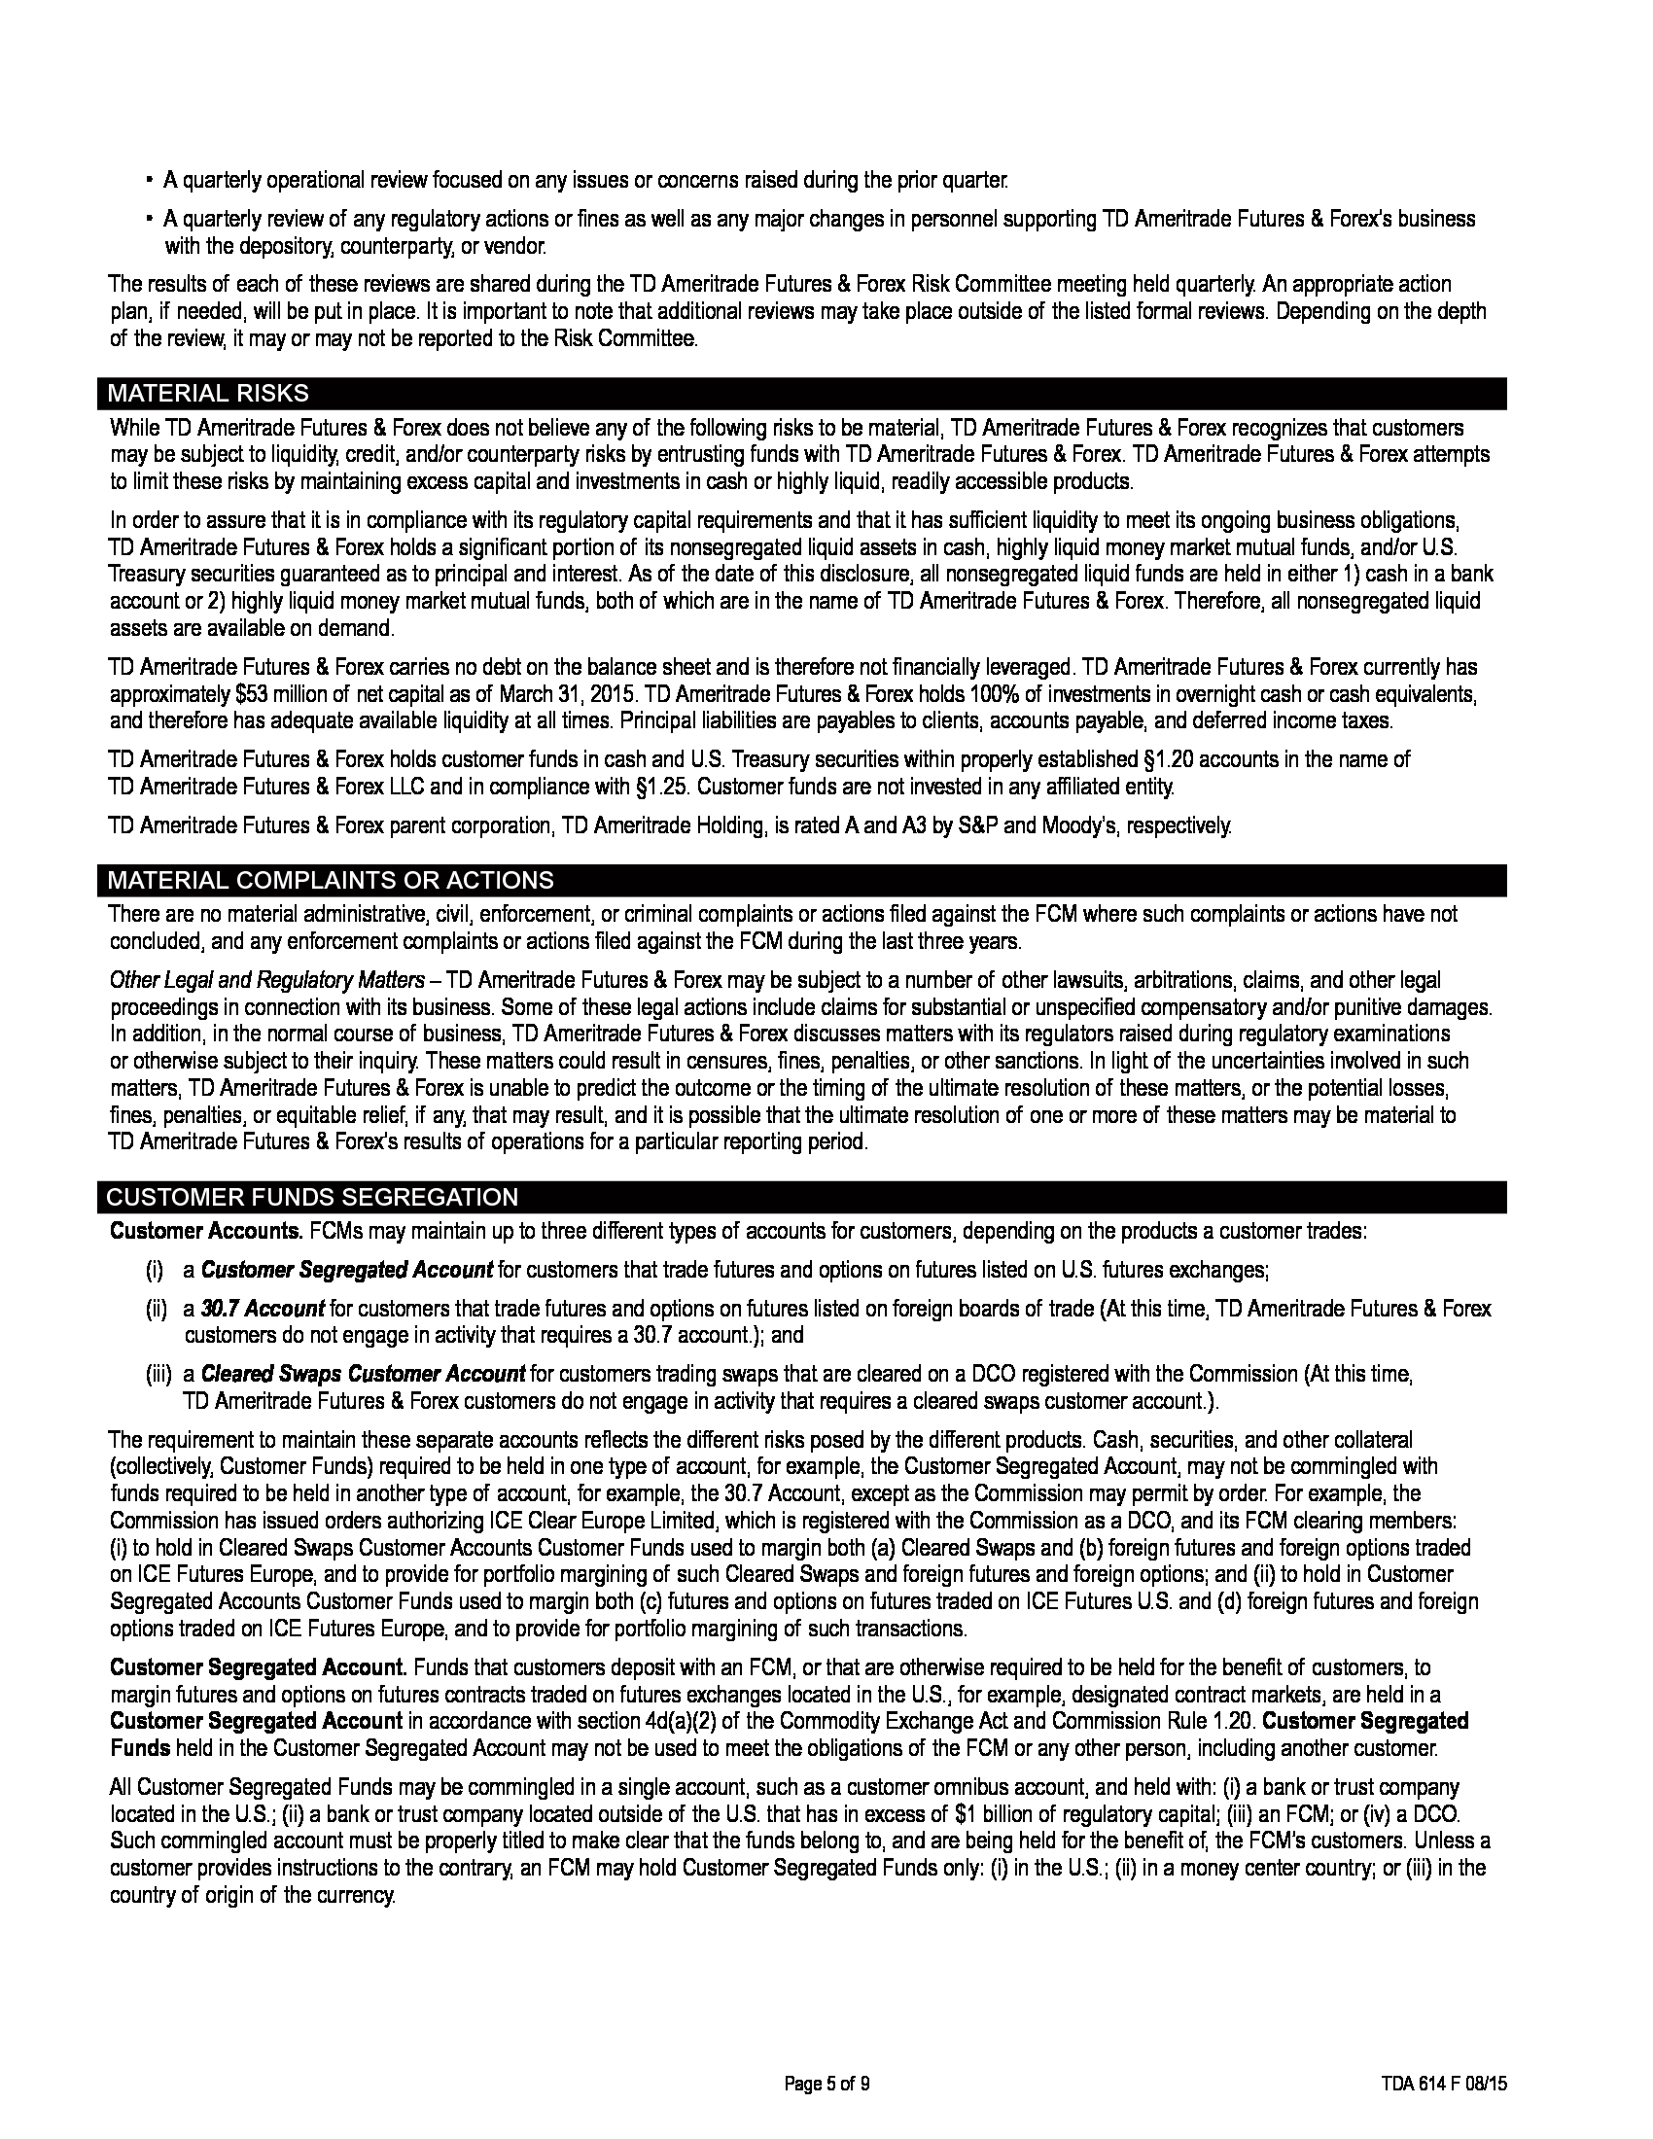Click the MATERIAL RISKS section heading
point(208,394)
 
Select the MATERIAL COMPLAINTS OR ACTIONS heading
point(330,881)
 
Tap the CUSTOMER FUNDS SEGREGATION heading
point(311,1198)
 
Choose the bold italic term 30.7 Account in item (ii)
point(263,1309)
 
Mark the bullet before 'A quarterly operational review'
point(149,181)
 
